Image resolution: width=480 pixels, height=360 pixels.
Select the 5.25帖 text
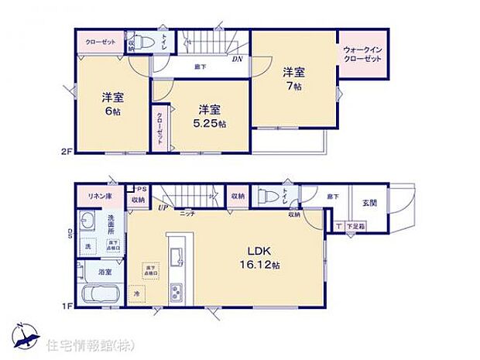(x=210, y=124)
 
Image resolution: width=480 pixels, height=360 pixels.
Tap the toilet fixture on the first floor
(x=265, y=196)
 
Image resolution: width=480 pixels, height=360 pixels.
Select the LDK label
(x=258, y=252)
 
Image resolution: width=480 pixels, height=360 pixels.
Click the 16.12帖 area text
(x=259, y=266)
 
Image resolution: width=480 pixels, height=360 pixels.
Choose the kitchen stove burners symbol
(x=176, y=292)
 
